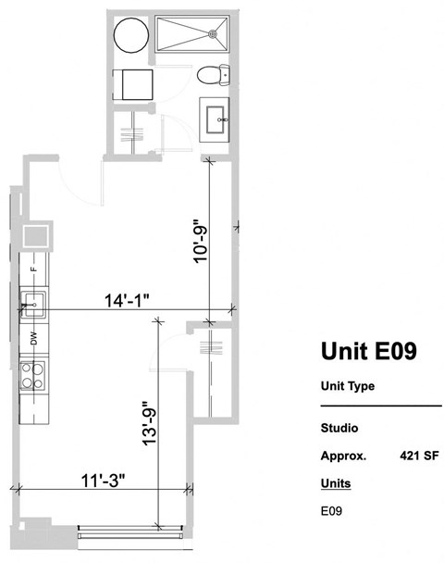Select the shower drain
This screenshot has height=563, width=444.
(216, 33)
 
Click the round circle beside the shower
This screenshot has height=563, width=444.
(129, 36)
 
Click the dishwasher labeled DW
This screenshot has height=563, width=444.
(34, 339)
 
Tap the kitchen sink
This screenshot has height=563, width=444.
(33, 302)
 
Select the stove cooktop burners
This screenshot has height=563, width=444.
(34, 377)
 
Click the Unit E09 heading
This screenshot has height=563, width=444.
(367, 351)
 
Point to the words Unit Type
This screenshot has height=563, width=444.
(347, 386)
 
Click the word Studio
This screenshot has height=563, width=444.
(339, 429)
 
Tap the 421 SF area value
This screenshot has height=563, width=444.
(418, 456)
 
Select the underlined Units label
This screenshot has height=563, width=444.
(336, 483)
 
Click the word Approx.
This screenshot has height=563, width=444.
(343, 456)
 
